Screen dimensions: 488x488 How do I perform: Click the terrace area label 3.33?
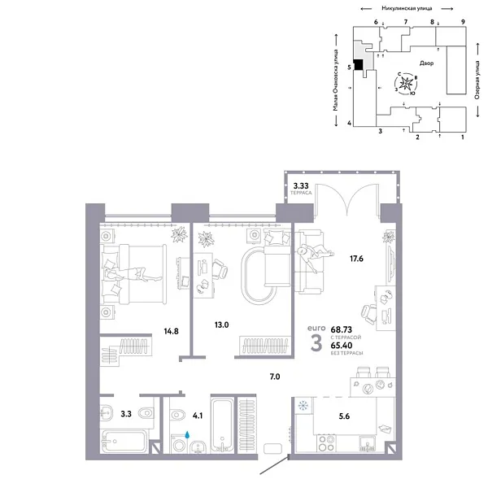[x=299, y=187]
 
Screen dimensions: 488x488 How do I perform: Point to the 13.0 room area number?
[x=221, y=324]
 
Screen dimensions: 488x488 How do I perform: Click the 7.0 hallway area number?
[x=274, y=377]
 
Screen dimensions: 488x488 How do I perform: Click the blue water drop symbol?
[x=189, y=436]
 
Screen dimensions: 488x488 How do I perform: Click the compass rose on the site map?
[x=407, y=84]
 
